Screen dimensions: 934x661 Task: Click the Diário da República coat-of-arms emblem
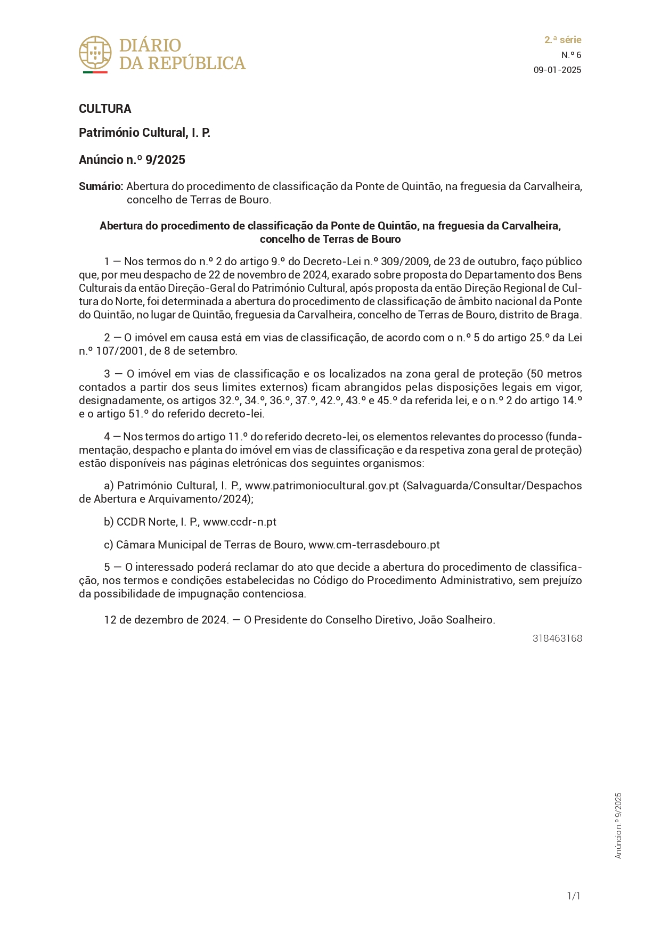(95, 53)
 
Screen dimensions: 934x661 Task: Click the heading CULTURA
(105, 109)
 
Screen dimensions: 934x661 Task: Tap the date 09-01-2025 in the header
(557, 70)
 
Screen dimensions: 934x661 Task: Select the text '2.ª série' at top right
(562, 40)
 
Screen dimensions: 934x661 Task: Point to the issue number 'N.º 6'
(571, 55)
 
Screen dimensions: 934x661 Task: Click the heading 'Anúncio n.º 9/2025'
(132, 160)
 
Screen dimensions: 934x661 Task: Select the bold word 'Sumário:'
(101, 186)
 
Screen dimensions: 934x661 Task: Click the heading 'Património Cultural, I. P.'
(144, 133)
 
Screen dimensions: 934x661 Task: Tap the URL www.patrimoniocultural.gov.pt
(322, 486)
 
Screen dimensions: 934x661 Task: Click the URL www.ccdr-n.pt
(240, 522)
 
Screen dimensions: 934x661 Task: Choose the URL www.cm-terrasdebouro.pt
(374, 545)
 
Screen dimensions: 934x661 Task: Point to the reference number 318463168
(557, 638)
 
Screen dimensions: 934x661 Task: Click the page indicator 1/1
(574, 896)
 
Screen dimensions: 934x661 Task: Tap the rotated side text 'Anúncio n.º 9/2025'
(618, 825)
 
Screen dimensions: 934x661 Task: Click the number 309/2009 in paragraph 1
(405, 261)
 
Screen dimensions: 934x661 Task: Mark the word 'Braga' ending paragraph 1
(565, 315)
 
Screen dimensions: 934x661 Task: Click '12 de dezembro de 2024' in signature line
(166, 620)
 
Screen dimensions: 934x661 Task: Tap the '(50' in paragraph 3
(535, 374)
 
